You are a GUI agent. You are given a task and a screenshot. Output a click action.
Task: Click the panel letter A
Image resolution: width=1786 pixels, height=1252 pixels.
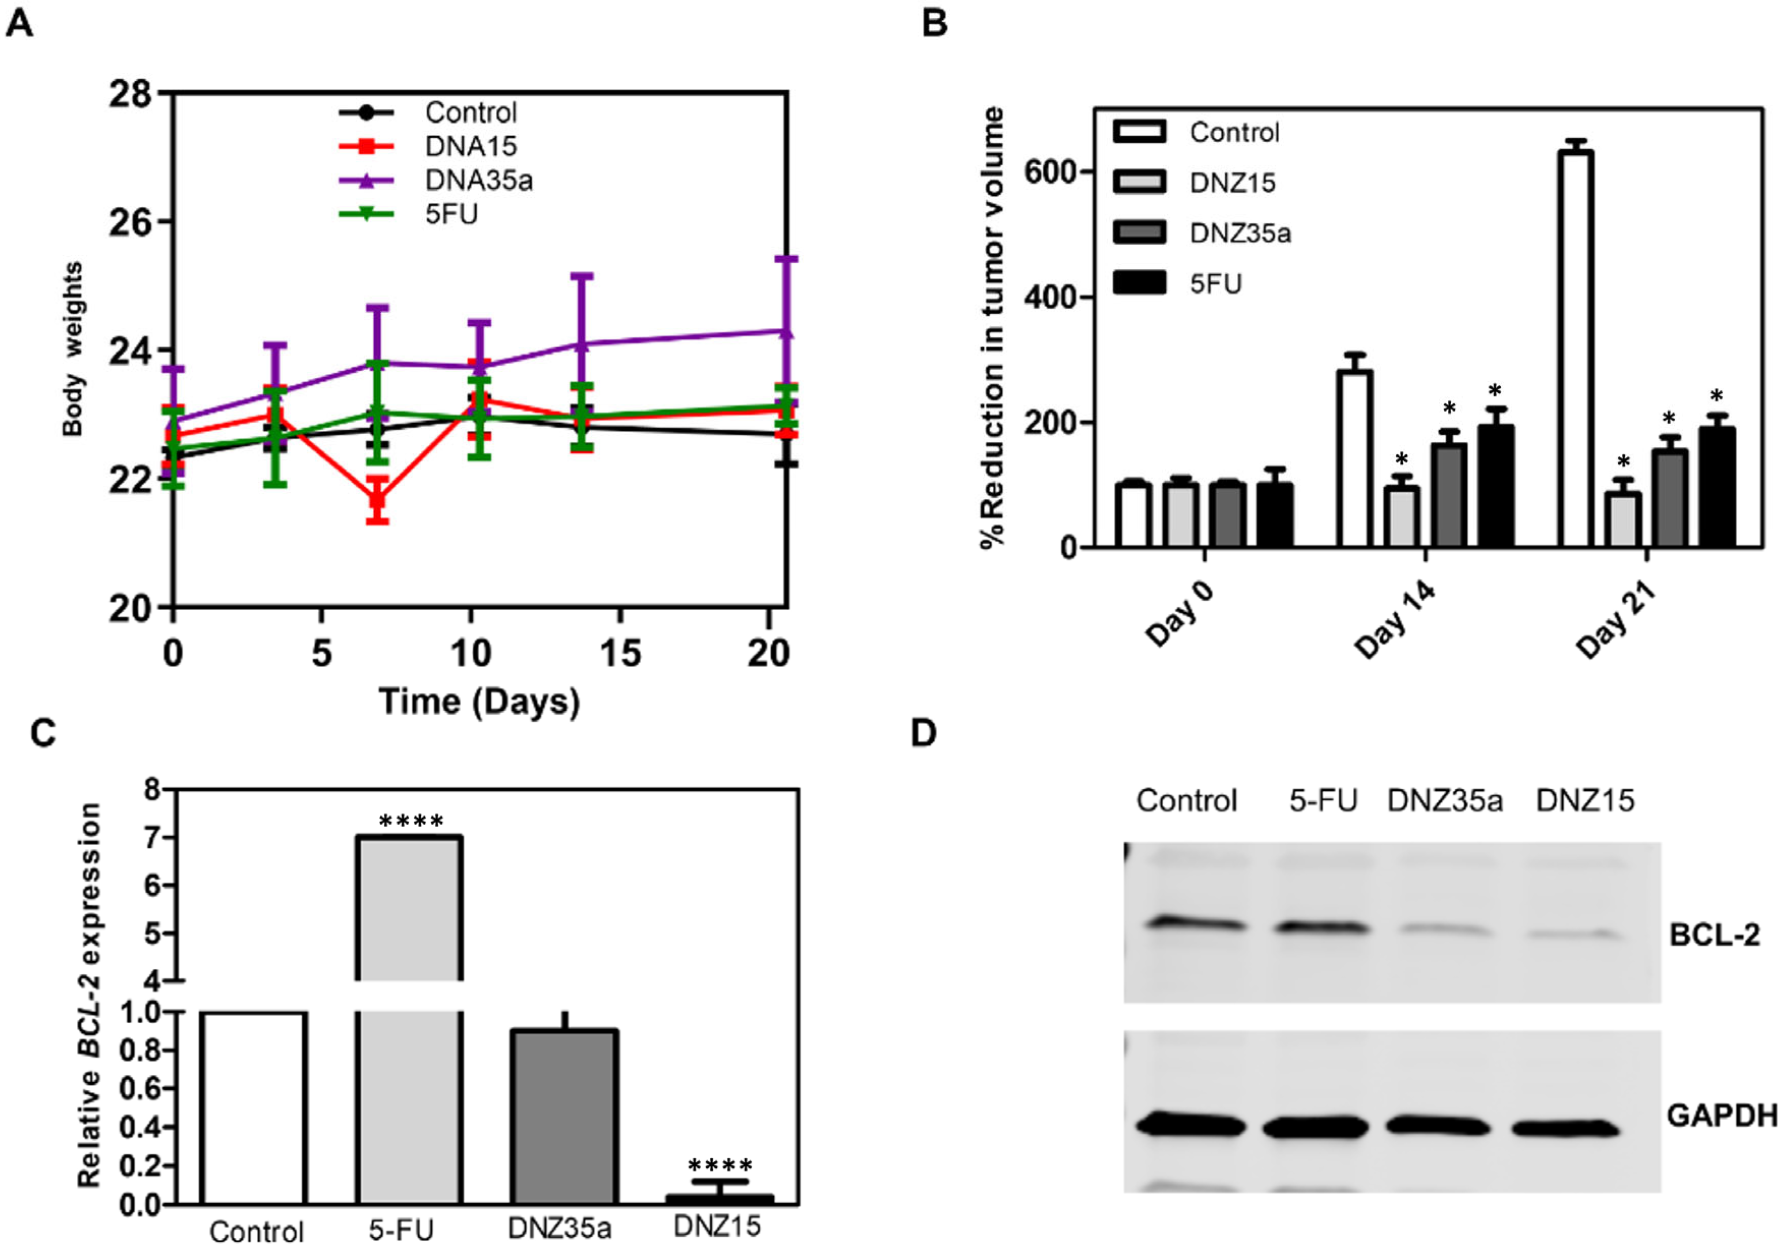tap(19, 23)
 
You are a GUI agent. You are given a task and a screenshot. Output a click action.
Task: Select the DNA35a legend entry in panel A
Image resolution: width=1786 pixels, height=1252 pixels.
tap(477, 181)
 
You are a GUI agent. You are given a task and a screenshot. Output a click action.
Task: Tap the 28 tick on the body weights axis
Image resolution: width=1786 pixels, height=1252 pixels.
tap(130, 94)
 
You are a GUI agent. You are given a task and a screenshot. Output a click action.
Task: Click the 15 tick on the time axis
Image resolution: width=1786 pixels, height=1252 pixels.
tap(620, 653)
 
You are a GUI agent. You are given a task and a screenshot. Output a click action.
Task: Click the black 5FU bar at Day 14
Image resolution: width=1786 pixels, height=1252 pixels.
tap(1495, 486)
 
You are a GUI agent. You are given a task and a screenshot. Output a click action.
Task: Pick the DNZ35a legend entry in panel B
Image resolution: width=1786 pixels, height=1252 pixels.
tap(1240, 233)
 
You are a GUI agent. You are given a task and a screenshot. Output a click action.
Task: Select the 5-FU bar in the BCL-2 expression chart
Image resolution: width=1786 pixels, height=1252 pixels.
tap(410, 1011)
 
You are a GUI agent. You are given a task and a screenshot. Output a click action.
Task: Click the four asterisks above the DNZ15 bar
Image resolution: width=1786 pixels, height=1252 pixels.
tap(720, 1166)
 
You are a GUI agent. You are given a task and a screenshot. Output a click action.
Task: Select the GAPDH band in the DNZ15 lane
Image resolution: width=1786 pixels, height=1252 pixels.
tap(1565, 1128)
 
